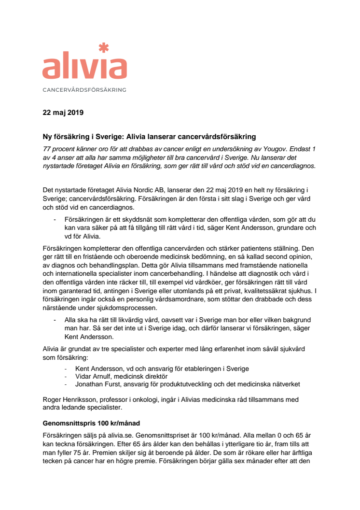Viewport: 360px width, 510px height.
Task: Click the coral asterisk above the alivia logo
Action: pyautogui.click(x=103, y=47)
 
